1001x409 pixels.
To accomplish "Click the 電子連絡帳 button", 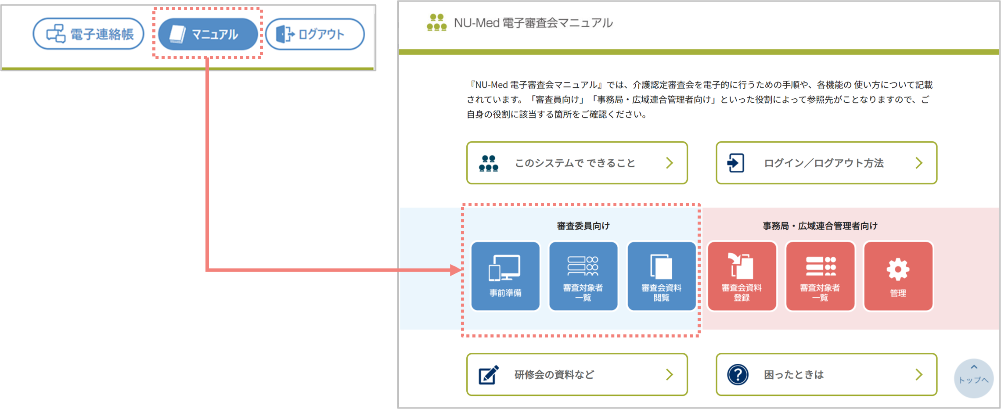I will click(x=88, y=34).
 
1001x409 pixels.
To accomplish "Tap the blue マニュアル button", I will click(x=208, y=34).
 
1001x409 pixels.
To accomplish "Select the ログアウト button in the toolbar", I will click(x=315, y=34).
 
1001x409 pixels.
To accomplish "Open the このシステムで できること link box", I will click(x=576, y=163).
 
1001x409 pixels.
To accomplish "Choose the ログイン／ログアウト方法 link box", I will click(x=826, y=163).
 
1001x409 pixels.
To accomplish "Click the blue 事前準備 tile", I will click(x=505, y=276).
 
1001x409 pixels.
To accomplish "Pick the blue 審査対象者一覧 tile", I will click(x=583, y=276).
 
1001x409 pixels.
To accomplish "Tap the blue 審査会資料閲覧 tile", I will click(x=661, y=276).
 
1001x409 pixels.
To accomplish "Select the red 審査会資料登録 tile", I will click(x=742, y=276).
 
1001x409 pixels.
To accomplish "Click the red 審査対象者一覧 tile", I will click(x=820, y=276).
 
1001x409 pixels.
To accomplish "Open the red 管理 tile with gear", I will click(x=898, y=276).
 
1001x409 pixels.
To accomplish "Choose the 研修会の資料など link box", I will click(x=576, y=374).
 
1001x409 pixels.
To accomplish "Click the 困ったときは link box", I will click(x=826, y=374).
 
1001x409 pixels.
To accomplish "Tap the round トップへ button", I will click(x=973, y=378).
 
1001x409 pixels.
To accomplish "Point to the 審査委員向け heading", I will click(x=583, y=226).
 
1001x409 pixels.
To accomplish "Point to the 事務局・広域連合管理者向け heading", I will click(x=820, y=226).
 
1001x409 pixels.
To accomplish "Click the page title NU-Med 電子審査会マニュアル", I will click(x=533, y=23).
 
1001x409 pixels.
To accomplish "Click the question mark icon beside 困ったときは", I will click(x=738, y=374).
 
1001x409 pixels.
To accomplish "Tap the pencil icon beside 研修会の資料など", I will click(x=489, y=374).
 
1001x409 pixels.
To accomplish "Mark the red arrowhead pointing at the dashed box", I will click(x=456, y=270).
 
